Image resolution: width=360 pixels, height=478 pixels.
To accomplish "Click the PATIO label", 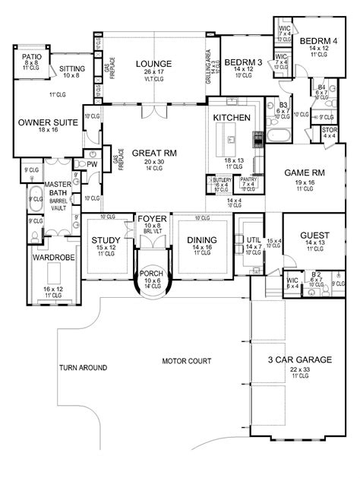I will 30,56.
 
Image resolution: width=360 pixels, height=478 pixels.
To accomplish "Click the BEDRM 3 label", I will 240,62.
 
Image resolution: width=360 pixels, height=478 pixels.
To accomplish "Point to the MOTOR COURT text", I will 187,360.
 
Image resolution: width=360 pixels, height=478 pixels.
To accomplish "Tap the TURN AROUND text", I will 82,368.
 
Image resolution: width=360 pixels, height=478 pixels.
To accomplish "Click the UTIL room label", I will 251,239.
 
